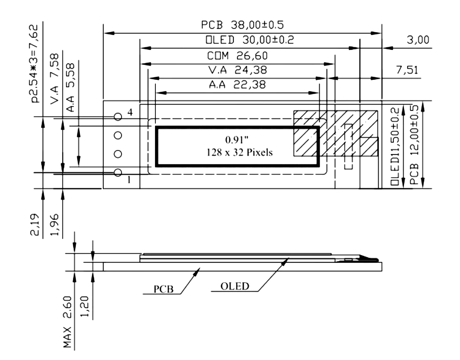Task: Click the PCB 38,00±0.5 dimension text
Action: tap(242, 25)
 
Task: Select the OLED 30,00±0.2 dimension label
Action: tap(250, 40)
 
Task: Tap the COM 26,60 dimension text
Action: tap(237, 56)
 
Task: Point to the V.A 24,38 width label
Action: tap(238, 70)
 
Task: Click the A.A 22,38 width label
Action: tap(237, 85)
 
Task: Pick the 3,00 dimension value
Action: tap(418, 40)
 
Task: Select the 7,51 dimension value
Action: tap(407, 70)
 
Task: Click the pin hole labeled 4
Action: tap(118, 117)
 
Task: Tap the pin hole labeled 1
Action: tap(118, 173)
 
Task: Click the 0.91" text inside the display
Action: tap(237, 140)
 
